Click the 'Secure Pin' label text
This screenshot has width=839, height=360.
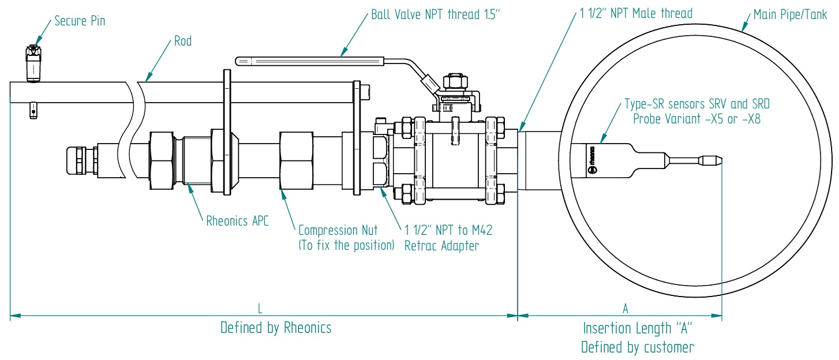coord(80,22)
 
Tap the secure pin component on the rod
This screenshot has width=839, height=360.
coord(33,63)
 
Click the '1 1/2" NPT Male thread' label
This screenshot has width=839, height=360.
coord(636,13)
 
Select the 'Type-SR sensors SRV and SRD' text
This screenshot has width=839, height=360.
coord(697,105)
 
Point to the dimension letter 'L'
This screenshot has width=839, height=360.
coord(260,309)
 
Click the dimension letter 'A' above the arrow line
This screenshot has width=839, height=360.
coord(625,309)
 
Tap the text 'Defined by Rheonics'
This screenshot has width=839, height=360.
coord(276,328)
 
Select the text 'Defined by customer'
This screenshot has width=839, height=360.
coord(637,347)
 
